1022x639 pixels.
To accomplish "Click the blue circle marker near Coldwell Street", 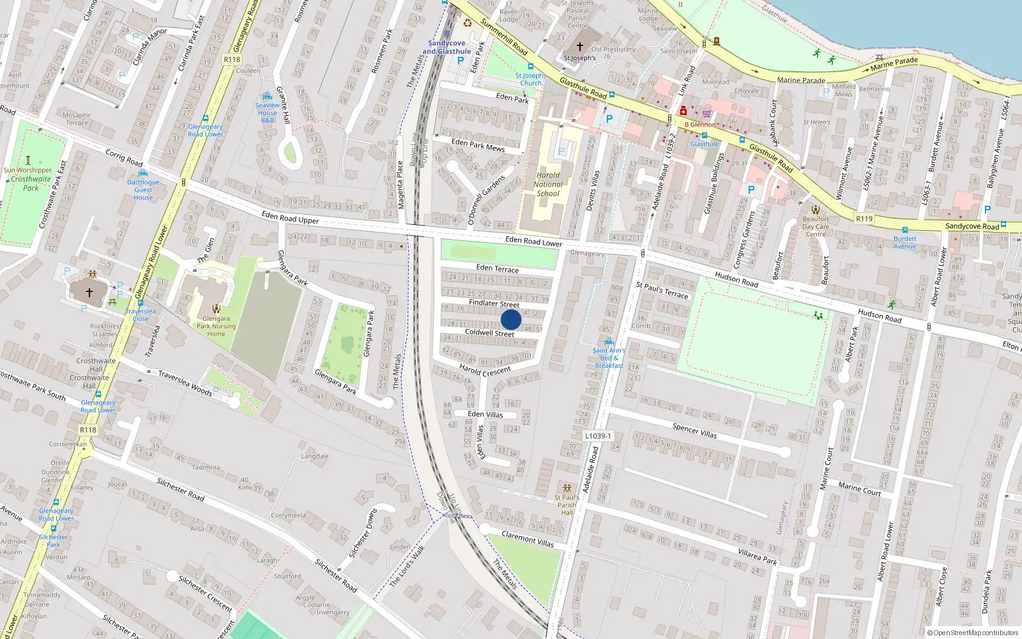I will [x=511, y=319].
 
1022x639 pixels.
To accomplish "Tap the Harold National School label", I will [x=548, y=184].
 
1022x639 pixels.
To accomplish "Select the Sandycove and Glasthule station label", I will [x=446, y=47].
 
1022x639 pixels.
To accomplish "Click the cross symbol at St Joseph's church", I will [x=580, y=47].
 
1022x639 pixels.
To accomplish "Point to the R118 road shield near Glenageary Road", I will [x=232, y=59].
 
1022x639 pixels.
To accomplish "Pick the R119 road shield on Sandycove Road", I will [x=864, y=219].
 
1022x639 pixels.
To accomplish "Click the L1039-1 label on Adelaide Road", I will [x=598, y=436].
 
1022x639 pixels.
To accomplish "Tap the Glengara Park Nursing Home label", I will [x=216, y=326].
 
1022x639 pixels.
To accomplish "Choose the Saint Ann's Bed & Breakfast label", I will [x=609, y=358].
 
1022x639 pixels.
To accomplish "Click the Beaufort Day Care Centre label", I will [x=816, y=226].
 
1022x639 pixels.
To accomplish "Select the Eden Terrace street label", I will [x=498, y=268].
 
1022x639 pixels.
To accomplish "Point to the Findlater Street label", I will [x=494, y=304].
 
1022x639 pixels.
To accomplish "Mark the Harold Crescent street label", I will [x=485, y=370].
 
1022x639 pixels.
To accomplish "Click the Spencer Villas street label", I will [x=694, y=431].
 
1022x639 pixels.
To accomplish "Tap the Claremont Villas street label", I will [x=528, y=539].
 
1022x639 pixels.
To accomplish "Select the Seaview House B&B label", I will [x=268, y=112].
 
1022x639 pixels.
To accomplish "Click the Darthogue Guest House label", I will [x=143, y=190].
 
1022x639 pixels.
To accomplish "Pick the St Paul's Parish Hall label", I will [x=567, y=505].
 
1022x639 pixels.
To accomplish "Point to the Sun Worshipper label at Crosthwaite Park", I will [x=27, y=170].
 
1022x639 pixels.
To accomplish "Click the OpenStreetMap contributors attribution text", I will [x=973, y=633].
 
